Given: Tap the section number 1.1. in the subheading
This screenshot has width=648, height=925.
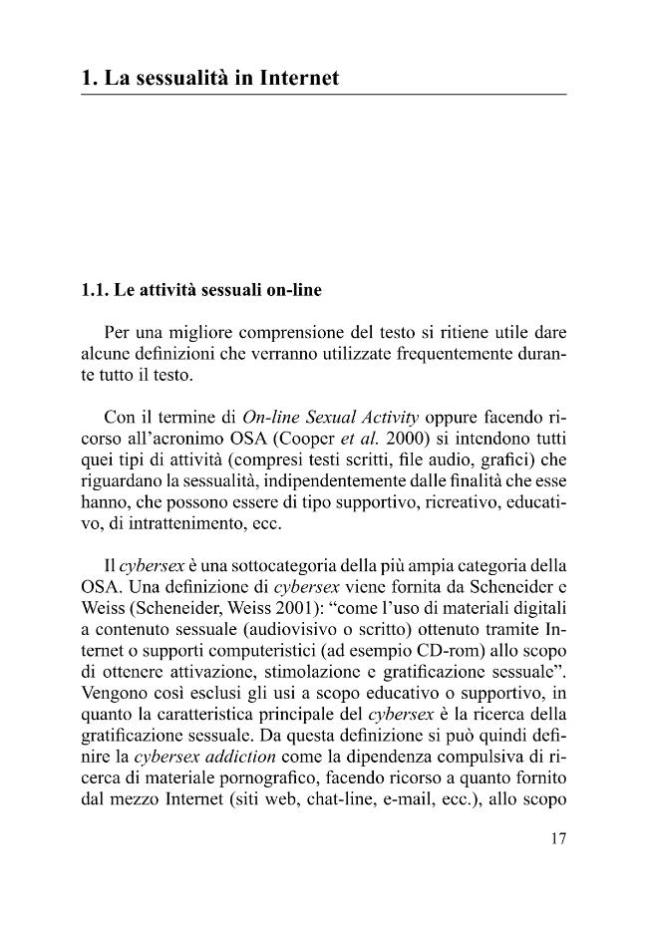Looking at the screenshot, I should (x=96, y=293).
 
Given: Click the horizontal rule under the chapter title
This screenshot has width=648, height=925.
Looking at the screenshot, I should (x=323, y=95).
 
